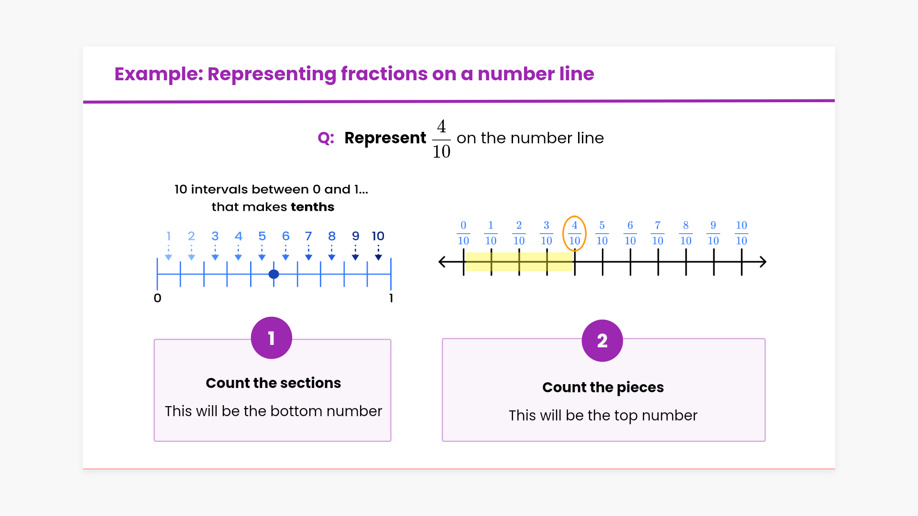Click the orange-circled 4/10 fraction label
tap(574, 233)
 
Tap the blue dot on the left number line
tap(273, 274)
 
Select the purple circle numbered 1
tap(272, 338)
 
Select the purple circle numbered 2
tap(602, 340)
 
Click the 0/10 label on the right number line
tap(463, 233)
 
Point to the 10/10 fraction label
tap(741, 233)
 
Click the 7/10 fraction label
tap(657, 233)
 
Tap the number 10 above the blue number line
tap(378, 236)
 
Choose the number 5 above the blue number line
tap(262, 236)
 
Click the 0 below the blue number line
tap(157, 298)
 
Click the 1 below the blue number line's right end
tap(391, 298)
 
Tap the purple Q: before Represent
tap(326, 138)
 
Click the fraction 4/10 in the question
tap(441, 139)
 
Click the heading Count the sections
tap(273, 383)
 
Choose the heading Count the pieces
tap(603, 387)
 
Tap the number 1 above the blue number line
tap(168, 236)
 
